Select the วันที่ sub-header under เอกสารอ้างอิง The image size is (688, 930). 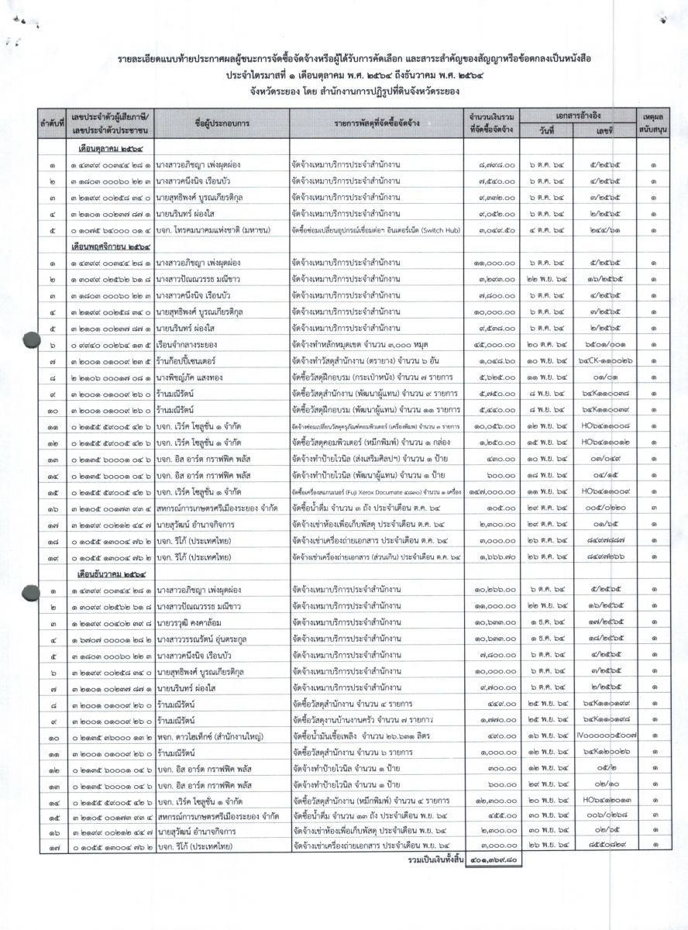click(x=547, y=130)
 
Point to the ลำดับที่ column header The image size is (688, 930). click(x=50, y=122)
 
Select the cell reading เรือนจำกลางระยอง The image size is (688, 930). click(x=191, y=346)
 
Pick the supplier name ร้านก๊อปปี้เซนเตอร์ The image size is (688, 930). click(x=191, y=361)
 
